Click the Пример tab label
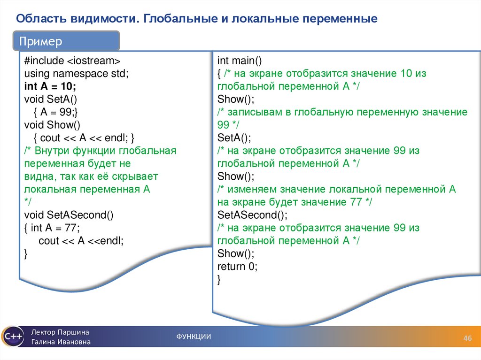(40, 42)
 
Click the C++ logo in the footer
(12, 337)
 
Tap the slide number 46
(467, 339)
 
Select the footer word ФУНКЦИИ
(194, 337)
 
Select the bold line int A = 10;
(50, 87)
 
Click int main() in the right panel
(239, 61)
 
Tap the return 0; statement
(237, 267)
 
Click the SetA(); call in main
(234, 138)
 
